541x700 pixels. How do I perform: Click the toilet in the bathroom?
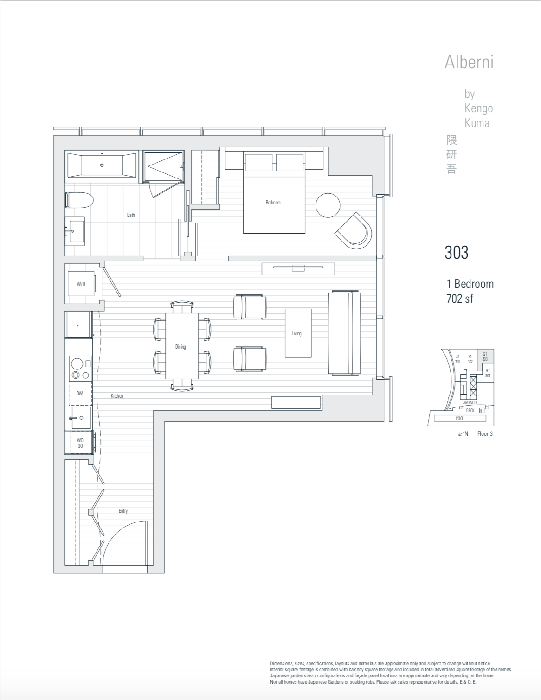[x=79, y=200]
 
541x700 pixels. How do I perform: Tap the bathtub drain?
[x=102, y=165]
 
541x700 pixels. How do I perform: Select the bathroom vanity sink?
[x=75, y=231]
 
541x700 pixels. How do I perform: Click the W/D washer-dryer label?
[x=81, y=284]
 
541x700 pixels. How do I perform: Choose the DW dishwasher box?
[x=80, y=393]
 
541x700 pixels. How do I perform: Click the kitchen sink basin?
[x=81, y=418]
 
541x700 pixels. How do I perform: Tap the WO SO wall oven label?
[x=80, y=443]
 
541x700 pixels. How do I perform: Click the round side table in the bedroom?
[x=328, y=205]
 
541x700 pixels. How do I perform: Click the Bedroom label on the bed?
[x=273, y=203]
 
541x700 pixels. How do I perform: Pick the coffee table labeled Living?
[x=298, y=333]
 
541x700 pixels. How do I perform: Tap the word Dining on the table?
[x=180, y=347]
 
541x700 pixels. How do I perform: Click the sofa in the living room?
[x=344, y=333]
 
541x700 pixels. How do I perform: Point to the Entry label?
[x=123, y=511]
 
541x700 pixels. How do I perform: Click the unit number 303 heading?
[x=457, y=253]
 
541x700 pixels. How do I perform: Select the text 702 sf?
[x=460, y=299]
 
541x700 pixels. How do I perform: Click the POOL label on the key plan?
[x=460, y=419]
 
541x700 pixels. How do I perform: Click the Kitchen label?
[x=117, y=396]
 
